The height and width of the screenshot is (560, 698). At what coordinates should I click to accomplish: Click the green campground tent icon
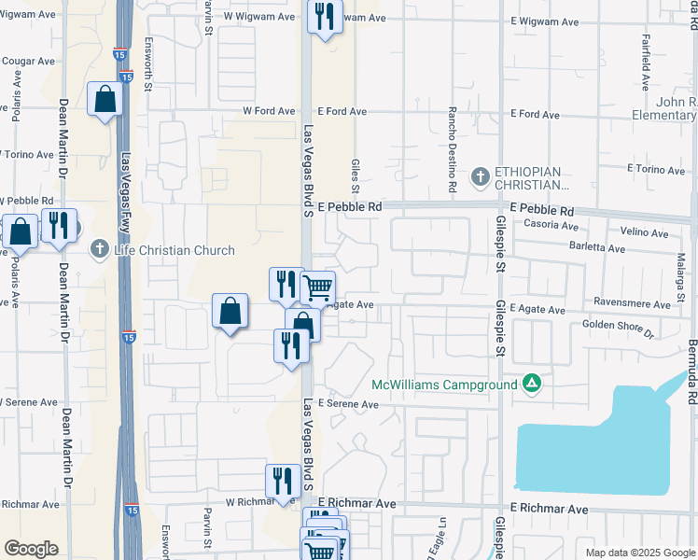[x=531, y=383]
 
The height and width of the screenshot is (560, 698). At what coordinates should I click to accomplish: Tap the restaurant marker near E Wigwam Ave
[x=325, y=17]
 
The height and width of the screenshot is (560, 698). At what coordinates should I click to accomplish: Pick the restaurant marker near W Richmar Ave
[x=283, y=482]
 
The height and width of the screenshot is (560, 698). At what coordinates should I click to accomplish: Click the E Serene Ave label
[x=348, y=405]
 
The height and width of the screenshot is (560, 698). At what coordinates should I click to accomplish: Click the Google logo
[x=31, y=549]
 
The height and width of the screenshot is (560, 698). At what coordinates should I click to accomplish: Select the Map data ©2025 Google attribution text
[x=639, y=553]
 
